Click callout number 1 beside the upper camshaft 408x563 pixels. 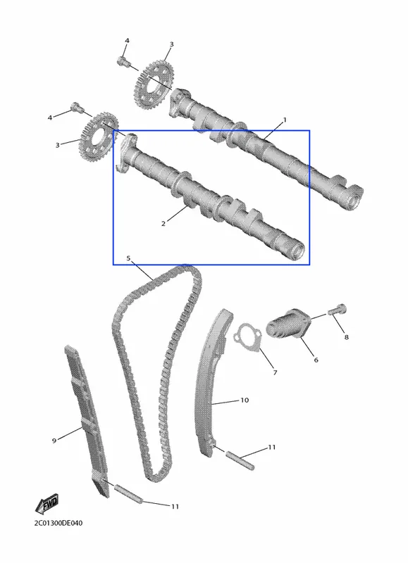click(285, 120)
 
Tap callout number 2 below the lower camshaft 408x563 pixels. click(163, 224)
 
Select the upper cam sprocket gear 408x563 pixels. click(154, 86)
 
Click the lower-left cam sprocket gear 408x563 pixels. click(98, 137)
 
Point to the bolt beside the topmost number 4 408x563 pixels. click(123, 62)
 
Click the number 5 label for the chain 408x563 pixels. click(128, 258)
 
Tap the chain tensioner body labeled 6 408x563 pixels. click(288, 324)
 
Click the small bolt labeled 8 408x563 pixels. click(337, 310)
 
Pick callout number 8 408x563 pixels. click(346, 337)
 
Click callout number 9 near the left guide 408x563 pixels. click(54, 441)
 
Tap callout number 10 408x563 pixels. click(244, 400)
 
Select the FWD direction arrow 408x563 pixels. click(47, 504)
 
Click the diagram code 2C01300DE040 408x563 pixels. click(58, 523)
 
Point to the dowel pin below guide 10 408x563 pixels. click(240, 460)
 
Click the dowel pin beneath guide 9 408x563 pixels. click(129, 494)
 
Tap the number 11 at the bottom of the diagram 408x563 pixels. click(175, 506)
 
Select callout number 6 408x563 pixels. click(316, 360)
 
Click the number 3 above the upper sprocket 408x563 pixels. click(171, 44)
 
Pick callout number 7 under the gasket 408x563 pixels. click(275, 373)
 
